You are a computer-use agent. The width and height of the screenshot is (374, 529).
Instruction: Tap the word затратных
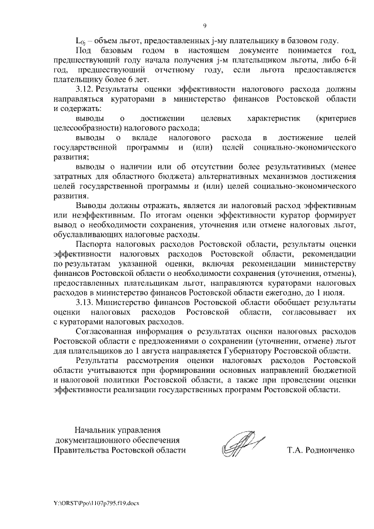72,177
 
